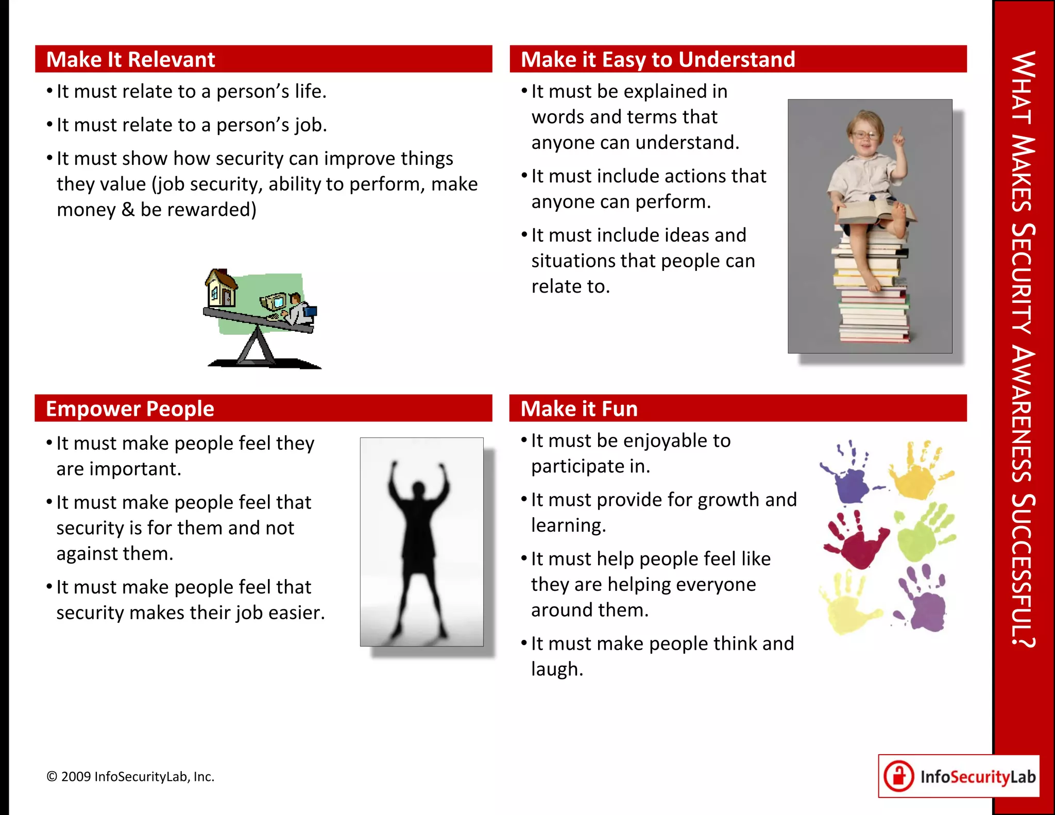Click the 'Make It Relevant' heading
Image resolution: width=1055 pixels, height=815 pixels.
(x=131, y=59)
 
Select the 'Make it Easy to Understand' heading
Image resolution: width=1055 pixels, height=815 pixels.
(x=658, y=59)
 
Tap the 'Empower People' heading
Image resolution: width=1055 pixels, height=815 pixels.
(x=130, y=409)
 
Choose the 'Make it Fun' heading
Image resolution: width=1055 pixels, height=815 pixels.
(x=579, y=409)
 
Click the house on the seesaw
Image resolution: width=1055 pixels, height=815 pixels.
(x=222, y=288)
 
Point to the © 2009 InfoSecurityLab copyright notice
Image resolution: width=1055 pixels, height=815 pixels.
(x=130, y=776)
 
